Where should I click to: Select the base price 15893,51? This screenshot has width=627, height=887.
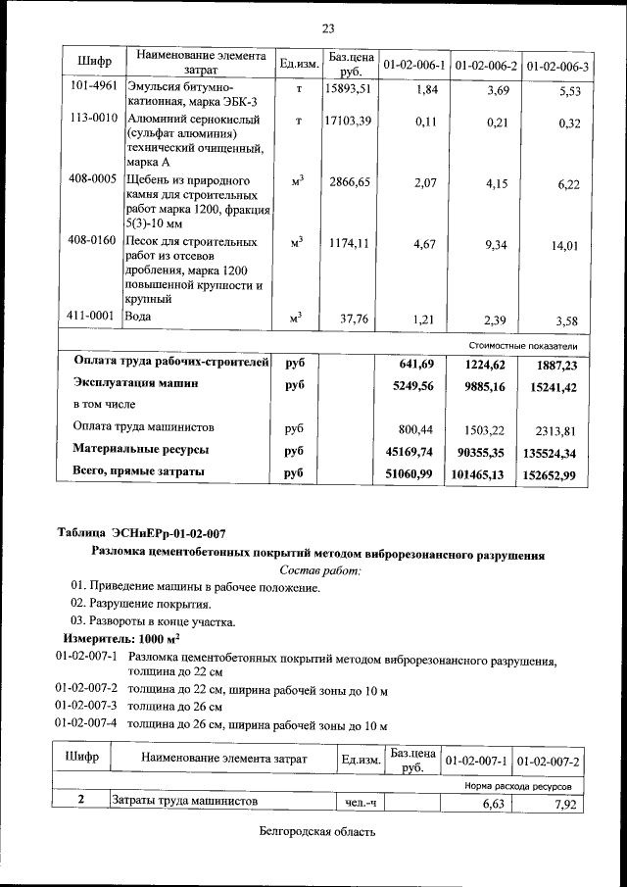point(348,88)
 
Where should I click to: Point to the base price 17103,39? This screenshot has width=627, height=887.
point(348,120)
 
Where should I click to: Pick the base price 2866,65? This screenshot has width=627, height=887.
point(350,181)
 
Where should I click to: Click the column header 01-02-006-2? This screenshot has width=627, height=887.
point(486,65)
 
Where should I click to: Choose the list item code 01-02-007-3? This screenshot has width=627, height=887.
point(88,706)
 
